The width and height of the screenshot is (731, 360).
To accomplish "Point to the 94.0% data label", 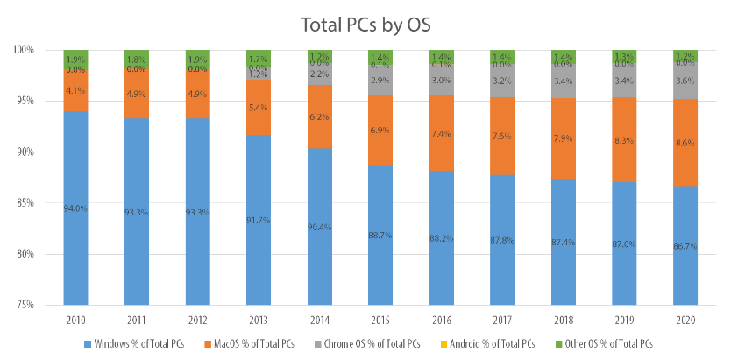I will coord(76,208).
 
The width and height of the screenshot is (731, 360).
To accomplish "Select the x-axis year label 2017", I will coord(502,320).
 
